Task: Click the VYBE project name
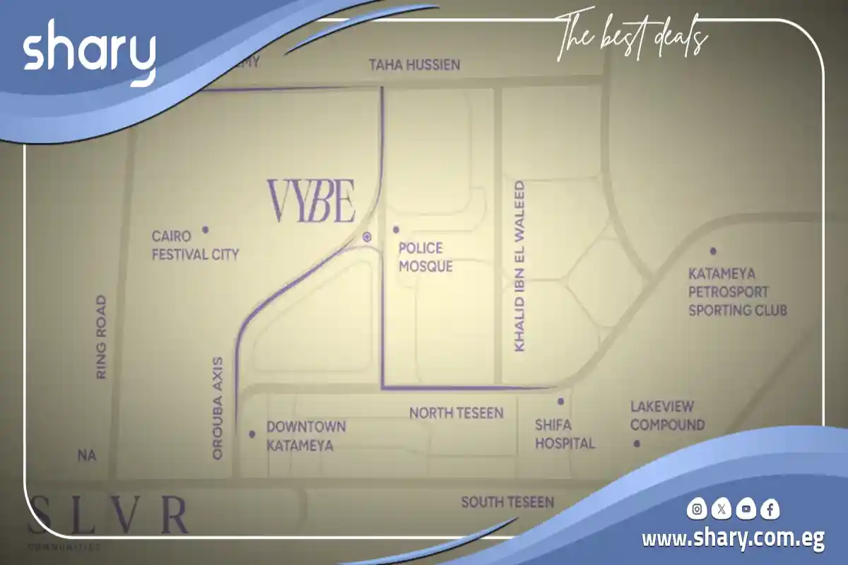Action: point(311,201)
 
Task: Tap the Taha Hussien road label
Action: point(414,65)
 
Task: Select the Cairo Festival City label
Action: point(196,245)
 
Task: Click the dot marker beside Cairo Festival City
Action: point(206,230)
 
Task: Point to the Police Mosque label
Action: point(425,257)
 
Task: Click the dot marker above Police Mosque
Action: point(396,230)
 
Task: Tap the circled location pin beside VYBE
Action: point(367,237)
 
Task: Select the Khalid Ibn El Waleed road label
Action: point(519,266)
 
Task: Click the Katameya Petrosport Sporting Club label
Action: point(737,292)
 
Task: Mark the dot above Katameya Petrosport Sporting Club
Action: point(713,251)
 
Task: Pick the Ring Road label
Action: point(101,337)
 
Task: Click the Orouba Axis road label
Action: point(218,408)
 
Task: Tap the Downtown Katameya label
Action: point(305,436)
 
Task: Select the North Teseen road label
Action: point(456,412)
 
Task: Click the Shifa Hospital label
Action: point(564,434)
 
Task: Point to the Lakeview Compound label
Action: point(667,416)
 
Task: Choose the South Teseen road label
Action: point(507,502)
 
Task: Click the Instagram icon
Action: point(697,509)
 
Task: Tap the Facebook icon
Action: point(770,509)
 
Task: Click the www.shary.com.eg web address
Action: point(733,540)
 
